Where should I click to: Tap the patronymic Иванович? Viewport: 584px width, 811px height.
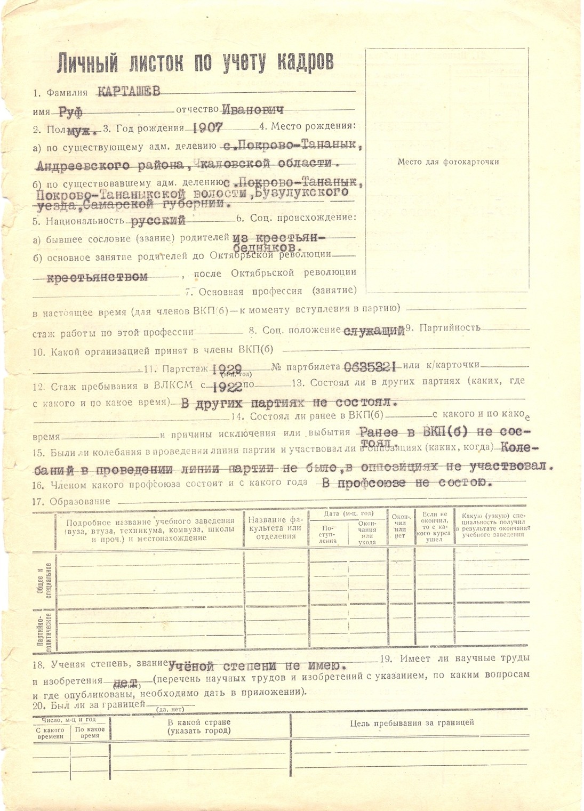click(252, 110)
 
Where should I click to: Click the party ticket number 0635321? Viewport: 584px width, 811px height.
click(370, 366)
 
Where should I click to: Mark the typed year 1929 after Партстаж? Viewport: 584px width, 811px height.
click(227, 368)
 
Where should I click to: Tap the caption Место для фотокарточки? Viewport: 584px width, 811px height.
click(448, 162)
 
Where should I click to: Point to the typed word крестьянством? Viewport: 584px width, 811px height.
click(97, 277)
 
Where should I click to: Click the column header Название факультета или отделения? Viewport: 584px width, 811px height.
click(275, 528)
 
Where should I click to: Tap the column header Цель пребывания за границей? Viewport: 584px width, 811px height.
click(412, 722)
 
